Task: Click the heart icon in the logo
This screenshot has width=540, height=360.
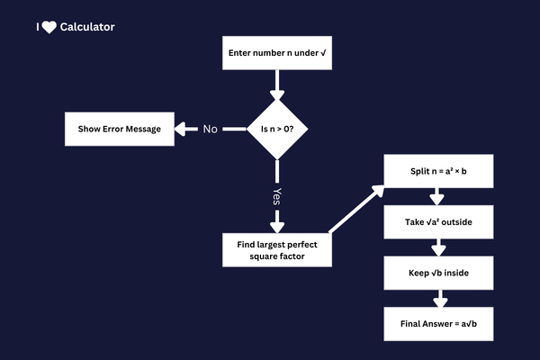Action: pyautogui.click(x=49, y=27)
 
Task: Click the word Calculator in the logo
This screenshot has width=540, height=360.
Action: pyautogui.click(x=88, y=27)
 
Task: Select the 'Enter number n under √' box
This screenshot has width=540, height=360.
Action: pyautogui.click(x=277, y=53)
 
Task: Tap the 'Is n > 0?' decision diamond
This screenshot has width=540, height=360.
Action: pyautogui.click(x=277, y=129)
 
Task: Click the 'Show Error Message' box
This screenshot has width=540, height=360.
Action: pyautogui.click(x=119, y=129)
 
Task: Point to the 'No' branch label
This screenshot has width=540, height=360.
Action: pyautogui.click(x=210, y=129)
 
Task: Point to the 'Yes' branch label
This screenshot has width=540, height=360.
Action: pyautogui.click(x=277, y=194)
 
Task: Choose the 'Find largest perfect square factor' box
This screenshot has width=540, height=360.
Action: pyautogui.click(x=277, y=249)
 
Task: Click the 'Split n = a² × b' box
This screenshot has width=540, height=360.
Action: pyautogui.click(x=438, y=171)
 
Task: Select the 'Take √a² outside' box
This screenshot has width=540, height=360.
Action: pyautogui.click(x=438, y=221)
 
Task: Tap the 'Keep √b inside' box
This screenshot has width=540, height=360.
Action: pyautogui.click(x=438, y=272)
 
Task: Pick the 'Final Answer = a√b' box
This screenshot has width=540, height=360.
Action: pyautogui.click(x=438, y=322)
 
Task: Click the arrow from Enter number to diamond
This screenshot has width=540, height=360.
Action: pyautogui.click(x=277, y=85)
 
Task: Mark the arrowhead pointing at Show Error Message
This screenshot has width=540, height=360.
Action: pyautogui.click(x=181, y=129)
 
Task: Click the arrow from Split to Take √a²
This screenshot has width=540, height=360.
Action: pyautogui.click(x=438, y=196)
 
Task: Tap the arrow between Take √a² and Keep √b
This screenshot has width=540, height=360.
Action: pyautogui.click(x=438, y=247)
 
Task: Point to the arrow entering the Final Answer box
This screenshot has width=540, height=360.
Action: pyautogui.click(x=438, y=297)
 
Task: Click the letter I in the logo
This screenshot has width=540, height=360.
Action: pyautogui.click(x=38, y=27)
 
